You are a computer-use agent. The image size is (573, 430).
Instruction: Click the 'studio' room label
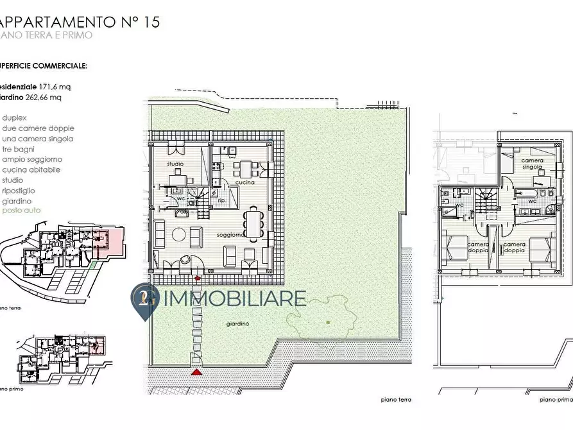[x=175, y=164]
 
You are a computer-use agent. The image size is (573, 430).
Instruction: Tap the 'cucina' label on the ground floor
[x=244, y=183]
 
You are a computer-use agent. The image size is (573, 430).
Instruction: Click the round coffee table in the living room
[x=179, y=234]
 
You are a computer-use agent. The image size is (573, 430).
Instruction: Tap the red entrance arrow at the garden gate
[x=197, y=371]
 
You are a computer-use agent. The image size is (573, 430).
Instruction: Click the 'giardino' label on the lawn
[x=237, y=324]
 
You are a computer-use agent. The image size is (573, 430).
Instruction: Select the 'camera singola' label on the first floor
[x=532, y=163]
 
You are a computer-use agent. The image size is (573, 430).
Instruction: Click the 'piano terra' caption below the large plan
[x=395, y=399]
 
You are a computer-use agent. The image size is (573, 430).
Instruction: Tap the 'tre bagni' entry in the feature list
[x=19, y=149]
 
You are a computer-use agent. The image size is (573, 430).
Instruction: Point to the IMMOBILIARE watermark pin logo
[x=144, y=300]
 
